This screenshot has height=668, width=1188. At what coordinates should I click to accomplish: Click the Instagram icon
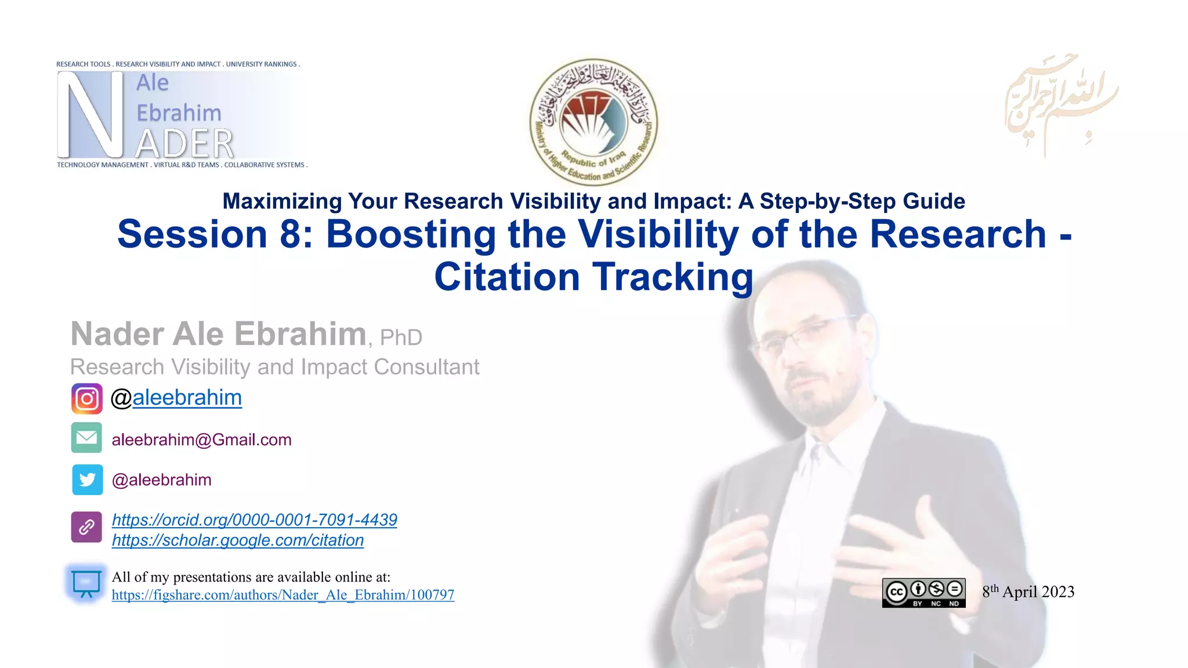click(87, 398)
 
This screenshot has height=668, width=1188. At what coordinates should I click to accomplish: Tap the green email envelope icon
click(87, 438)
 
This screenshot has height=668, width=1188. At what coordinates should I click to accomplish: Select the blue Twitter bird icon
click(88, 480)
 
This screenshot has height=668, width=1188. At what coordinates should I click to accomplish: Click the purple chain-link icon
click(86, 527)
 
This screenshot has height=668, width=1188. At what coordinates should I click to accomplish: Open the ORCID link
click(254, 520)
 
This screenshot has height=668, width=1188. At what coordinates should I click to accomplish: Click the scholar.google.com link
click(238, 540)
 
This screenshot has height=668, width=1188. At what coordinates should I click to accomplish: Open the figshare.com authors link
click(283, 595)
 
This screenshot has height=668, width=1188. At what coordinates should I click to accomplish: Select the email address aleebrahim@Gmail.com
click(201, 440)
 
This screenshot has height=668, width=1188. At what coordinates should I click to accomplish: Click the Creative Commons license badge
click(923, 593)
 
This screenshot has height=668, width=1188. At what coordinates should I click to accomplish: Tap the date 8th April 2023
click(1028, 592)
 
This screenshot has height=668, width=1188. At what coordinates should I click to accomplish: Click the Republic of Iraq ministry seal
click(593, 122)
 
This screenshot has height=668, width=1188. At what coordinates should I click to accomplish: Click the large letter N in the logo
click(90, 115)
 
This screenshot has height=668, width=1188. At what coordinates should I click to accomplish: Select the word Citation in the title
click(507, 277)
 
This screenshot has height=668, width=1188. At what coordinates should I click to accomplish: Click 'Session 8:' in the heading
click(215, 234)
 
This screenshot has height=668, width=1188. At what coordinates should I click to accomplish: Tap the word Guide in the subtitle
click(934, 201)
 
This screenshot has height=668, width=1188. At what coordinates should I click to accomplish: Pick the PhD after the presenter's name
click(401, 337)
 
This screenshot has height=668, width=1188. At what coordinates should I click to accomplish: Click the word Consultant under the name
click(426, 367)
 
